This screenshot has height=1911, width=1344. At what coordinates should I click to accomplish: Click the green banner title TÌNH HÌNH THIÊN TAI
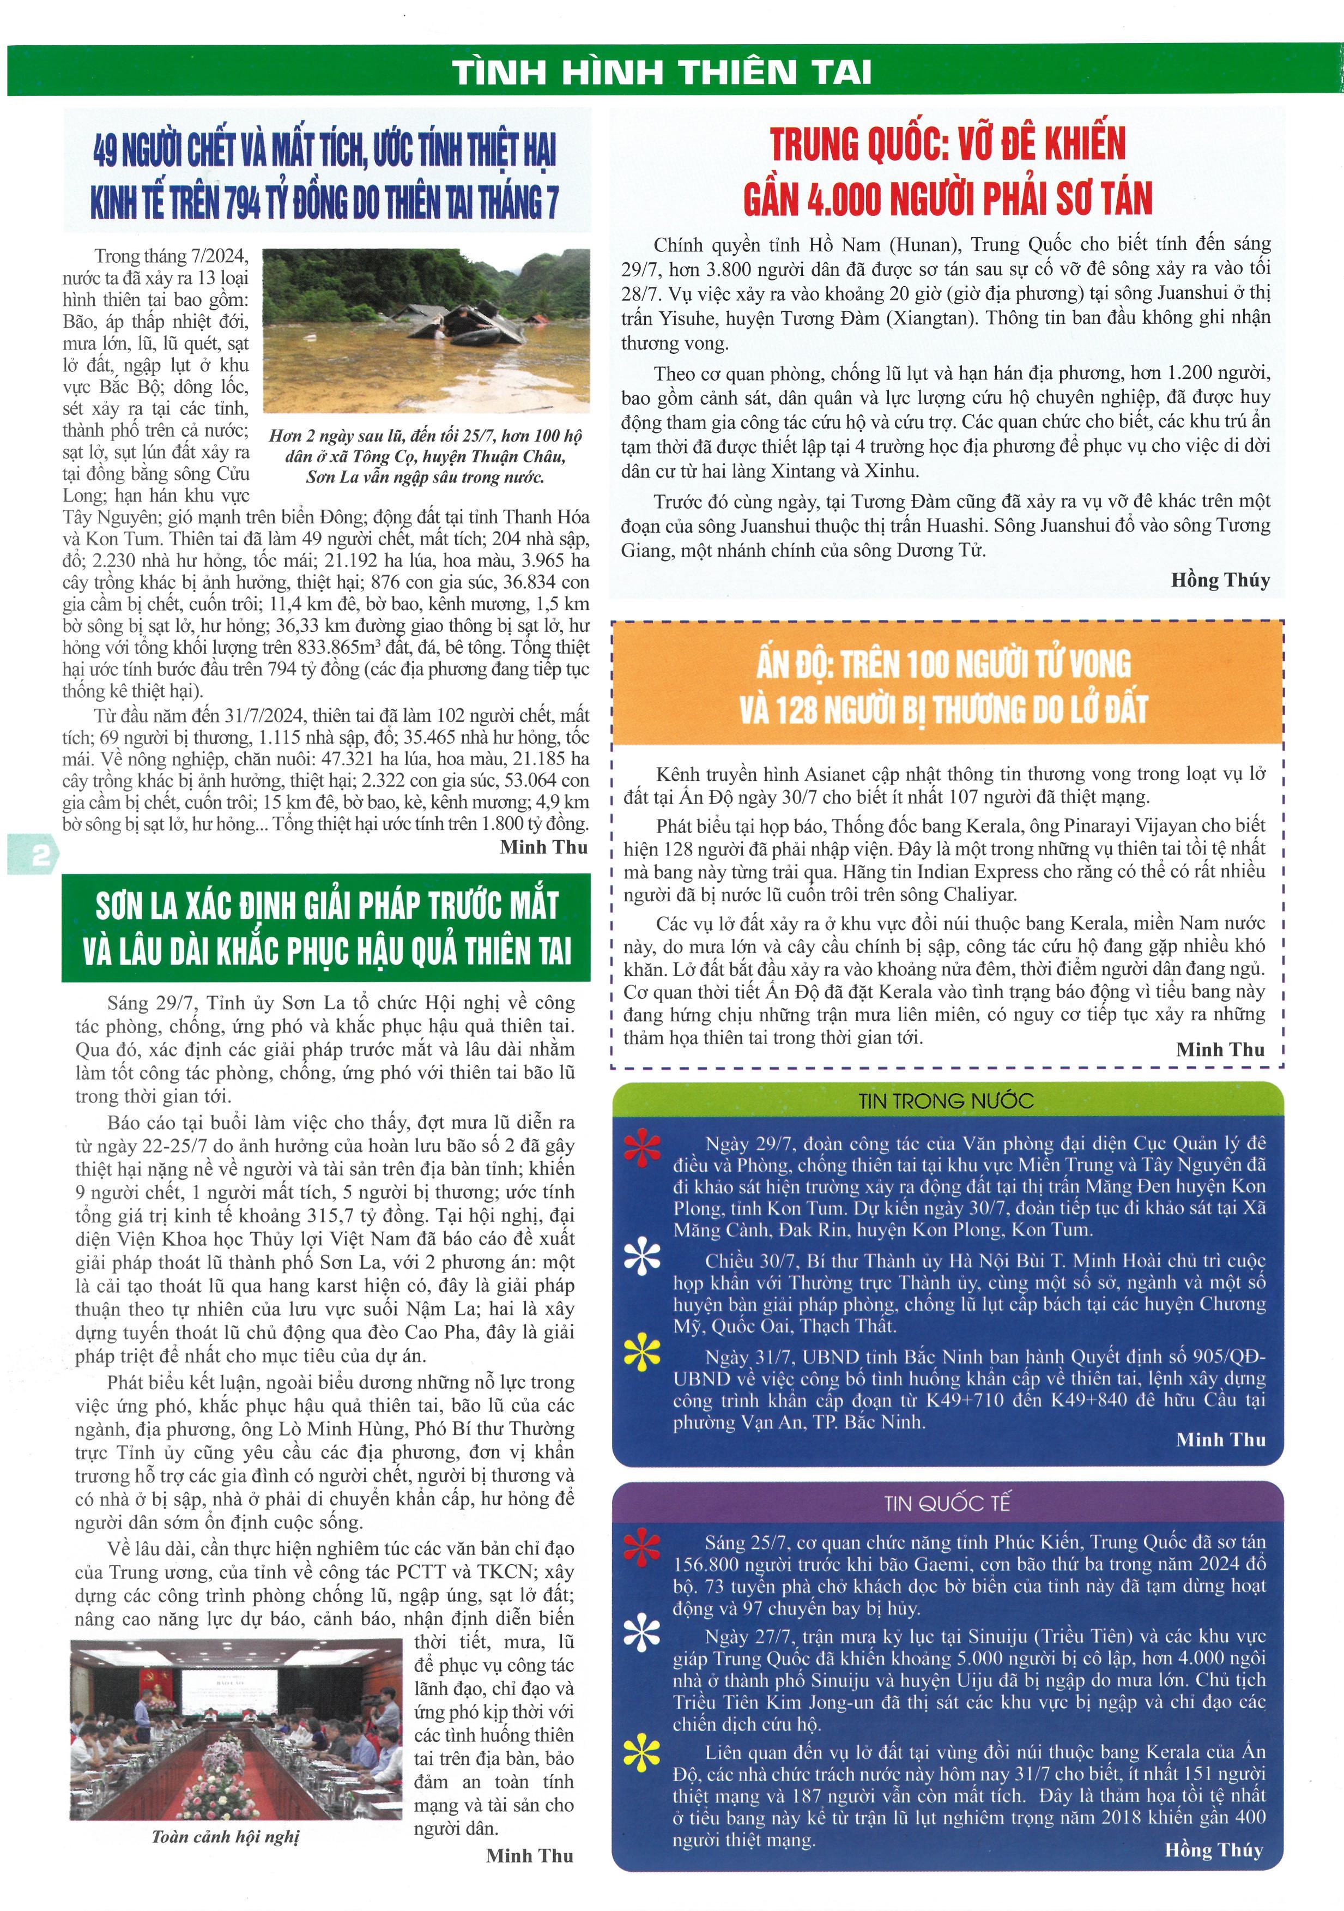pyautogui.click(x=662, y=73)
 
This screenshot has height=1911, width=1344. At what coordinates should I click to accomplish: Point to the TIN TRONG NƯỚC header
pyautogui.click(x=946, y=1101)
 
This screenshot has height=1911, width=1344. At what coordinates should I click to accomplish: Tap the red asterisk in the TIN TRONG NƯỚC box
pyautogui.click(x=643, y=1149)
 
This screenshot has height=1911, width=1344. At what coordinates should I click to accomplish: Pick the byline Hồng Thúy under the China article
pyautogui.click(x=1220, y=580)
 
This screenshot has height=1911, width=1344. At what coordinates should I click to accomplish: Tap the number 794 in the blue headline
pyautogui.click(x=243, y=203)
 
